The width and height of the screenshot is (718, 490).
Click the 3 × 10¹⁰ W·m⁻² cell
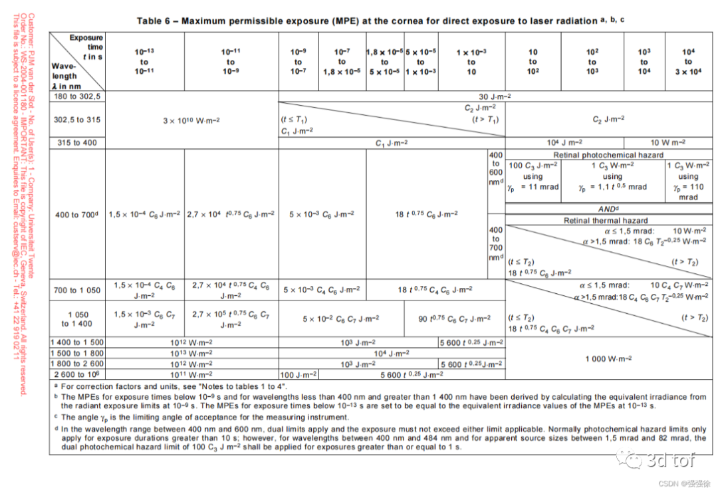tap(191, 120)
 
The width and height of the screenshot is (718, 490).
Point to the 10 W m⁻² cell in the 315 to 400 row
tap(669, 142)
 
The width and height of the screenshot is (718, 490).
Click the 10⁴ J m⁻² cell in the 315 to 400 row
tap(566, 142)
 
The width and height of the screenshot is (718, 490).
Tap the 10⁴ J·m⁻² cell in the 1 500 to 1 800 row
tap(391, 353)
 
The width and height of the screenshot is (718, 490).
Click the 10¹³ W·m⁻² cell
tap(191, 353)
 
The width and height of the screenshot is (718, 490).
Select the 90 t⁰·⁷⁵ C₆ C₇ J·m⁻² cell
tap(454, 319)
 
